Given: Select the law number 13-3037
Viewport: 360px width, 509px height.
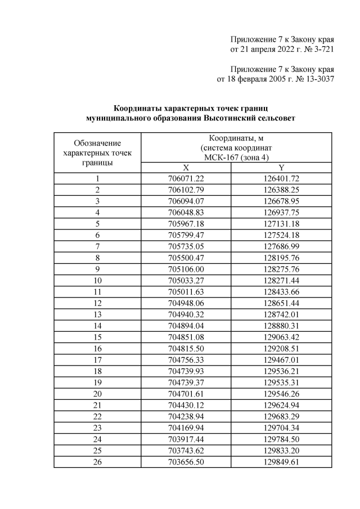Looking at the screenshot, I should pyautogui.click(x=317, y=79).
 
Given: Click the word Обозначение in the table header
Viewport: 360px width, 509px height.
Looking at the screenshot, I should pyautogui.click(x=97, y=143).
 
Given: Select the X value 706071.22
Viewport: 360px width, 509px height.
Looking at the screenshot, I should pyautogui.click(x=186, y=178).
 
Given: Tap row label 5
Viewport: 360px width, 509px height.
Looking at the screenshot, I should pyautogui.click(x=97, y=224).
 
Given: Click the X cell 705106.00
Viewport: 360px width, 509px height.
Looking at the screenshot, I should pyautogui.click(x=186, y=269).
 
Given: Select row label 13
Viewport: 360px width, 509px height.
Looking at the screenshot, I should pyautogui.click(x=97, y=315).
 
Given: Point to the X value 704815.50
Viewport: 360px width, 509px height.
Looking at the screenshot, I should pyautogui.click(x=186, y=349).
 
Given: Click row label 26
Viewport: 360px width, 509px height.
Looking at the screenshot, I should pyautogui.click(x=97, y=463).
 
